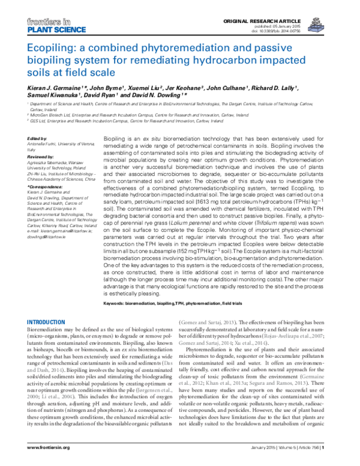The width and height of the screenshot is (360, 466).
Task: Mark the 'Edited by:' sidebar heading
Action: (x=38, y=139)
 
